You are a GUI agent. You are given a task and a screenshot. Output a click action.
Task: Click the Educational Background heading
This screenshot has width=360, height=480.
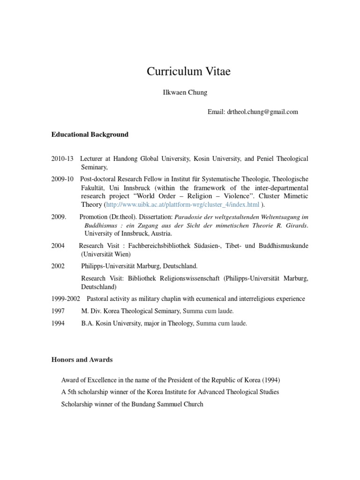90,135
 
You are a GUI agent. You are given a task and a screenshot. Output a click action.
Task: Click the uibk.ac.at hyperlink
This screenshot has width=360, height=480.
182,205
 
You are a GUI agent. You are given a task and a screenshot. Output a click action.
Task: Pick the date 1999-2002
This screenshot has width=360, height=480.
66,299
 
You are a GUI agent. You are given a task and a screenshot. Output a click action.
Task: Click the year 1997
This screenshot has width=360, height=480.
59,311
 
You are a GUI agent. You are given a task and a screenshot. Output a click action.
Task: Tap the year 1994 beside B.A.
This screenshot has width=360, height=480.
59,323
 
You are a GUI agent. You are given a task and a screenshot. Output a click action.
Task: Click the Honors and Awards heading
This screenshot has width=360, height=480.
82,360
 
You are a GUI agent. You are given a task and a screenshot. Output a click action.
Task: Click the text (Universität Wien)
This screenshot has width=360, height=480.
107,254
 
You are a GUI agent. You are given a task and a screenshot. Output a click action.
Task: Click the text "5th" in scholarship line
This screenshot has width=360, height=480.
73,392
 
